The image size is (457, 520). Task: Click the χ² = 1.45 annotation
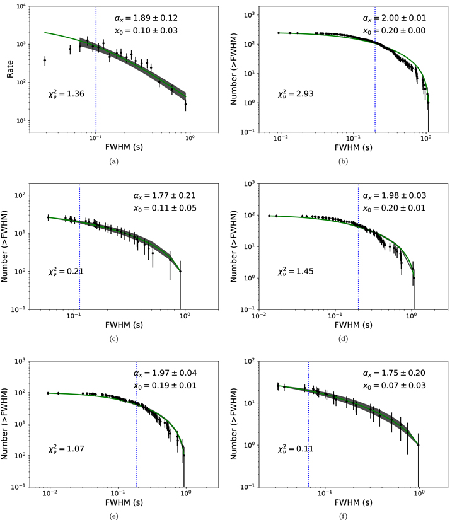click(x=294, y=272)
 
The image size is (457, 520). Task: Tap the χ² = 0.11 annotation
click(x=294, y=449)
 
